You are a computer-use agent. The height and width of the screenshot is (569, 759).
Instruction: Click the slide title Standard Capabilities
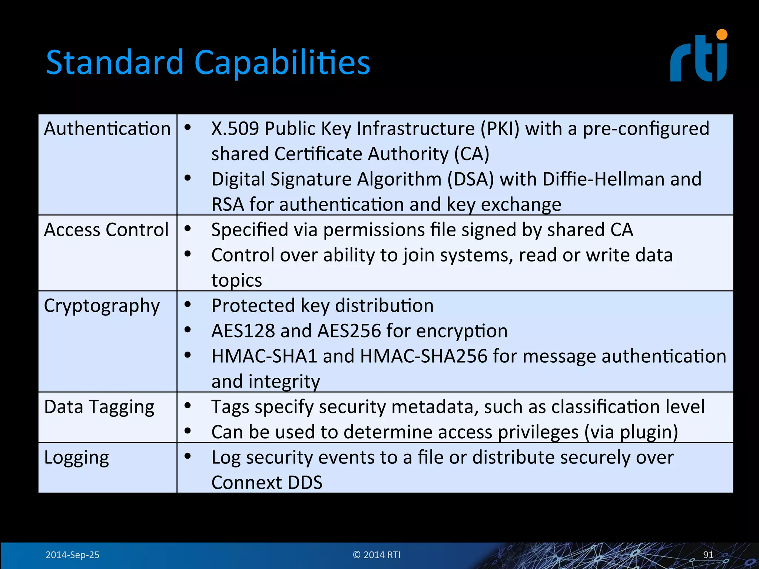click(208, 62)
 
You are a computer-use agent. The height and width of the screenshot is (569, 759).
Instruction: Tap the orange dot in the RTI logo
click(722, 35)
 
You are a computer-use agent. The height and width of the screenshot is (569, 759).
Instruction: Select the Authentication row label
click(107, 129)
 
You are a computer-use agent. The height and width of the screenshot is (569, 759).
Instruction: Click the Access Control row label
click(106, 230)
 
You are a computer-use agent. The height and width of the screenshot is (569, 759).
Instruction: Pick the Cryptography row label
click(102, 306)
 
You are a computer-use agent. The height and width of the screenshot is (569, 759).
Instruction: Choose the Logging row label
click(77, 457)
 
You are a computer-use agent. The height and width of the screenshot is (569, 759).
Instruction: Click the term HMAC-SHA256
click(423, 356)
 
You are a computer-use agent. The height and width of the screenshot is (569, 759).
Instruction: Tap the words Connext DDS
click(267, 483)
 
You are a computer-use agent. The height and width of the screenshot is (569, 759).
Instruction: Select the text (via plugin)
click(631, 432)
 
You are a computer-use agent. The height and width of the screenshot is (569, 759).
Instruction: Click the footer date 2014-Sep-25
click(72, 555)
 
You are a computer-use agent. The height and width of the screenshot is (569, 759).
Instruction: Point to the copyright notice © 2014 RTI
click(377, 555)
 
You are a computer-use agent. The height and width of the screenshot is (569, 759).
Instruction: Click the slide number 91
click(708, 555)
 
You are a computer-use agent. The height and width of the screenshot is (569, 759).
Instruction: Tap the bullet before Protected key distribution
click(188, 305)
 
